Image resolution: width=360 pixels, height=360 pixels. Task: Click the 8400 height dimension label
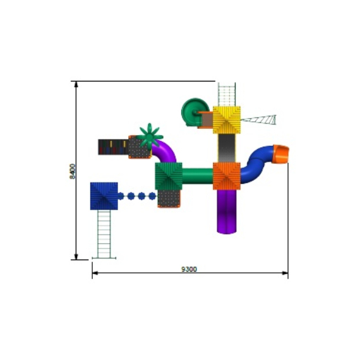(x=73, y=171)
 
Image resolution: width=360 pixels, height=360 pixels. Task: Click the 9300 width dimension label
(x=189, y=269)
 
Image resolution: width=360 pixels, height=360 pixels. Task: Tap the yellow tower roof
(x=226, y=119)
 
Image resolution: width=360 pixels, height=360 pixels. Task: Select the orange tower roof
(x=226, y=176)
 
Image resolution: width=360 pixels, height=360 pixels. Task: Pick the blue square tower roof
(x=104, y=196)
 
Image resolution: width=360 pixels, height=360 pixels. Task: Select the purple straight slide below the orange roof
(x=226, y=211)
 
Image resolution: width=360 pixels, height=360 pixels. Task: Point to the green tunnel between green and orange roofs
(x=197, y=174)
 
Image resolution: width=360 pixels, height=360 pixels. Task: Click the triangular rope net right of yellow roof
(x=260, y=119)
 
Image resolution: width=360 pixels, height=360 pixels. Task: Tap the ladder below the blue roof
(x=104, y=234)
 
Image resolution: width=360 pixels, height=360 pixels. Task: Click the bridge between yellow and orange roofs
(x=226, y=148)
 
